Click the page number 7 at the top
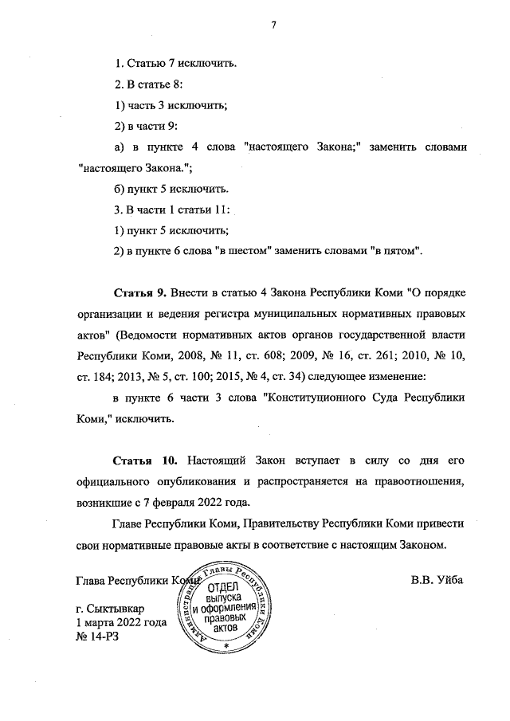(273, 25)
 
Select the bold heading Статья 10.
(143, 461)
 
